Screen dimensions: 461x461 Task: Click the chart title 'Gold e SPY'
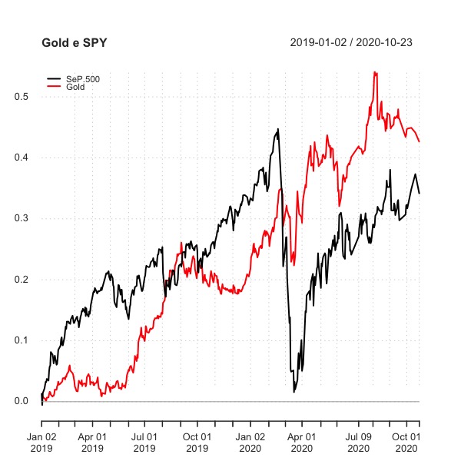click(75, 42)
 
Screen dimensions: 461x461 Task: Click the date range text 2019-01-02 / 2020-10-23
click(351, 42)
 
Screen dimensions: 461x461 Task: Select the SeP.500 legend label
click(83, 79)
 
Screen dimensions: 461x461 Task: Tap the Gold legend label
click(76, 87)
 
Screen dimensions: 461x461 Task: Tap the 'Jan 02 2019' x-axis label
click(41, 442)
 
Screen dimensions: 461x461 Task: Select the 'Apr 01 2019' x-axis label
click(91, 442)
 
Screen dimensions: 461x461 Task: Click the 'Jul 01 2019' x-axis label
click(144, 442)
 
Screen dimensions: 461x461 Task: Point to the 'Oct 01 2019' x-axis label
click(197, 442)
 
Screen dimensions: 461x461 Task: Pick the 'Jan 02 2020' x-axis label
click(250, 442)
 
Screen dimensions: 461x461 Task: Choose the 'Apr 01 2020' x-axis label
click(301, 442)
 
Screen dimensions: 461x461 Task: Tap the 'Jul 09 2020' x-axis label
click(358, 442)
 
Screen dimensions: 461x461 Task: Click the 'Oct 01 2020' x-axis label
click(406, 442)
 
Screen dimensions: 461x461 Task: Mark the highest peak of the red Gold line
click(374, 72)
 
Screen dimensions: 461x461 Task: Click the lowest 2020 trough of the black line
click(294, 392)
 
